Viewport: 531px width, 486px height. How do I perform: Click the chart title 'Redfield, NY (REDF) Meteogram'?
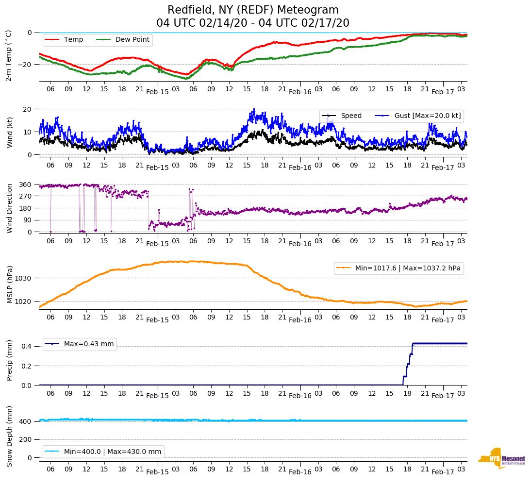tap(253, 10)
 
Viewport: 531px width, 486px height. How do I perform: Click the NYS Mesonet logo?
tap(501, 458)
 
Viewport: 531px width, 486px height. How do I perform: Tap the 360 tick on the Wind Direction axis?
tap(25, 184)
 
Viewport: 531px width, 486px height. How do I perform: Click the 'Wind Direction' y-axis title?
tap(10, 208)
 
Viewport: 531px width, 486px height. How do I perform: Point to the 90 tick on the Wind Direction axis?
tap(27, 220)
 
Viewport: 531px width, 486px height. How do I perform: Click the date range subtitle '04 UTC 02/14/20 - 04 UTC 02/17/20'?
tap(253, 23)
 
